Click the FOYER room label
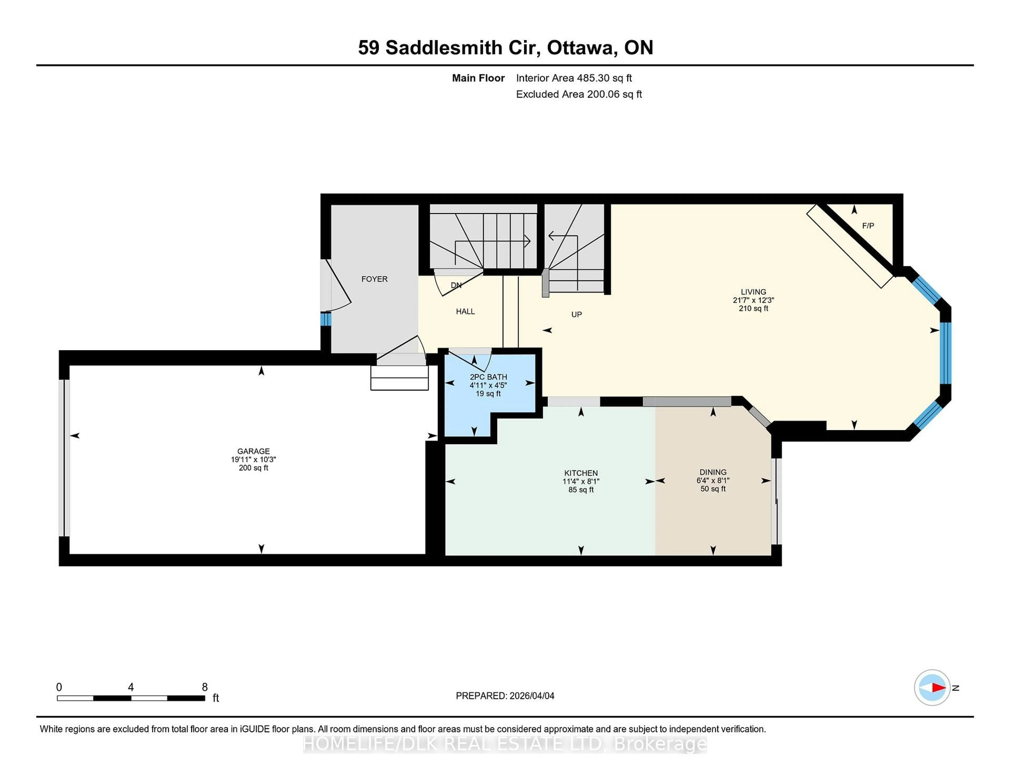click(374, 279)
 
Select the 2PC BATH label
click(488, 377)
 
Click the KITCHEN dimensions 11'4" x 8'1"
click(581, 481)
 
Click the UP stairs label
click(576, 314)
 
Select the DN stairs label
click(456, 285)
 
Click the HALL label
click(465, 311)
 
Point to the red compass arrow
click(938, 687)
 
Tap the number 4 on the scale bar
click(131, 687)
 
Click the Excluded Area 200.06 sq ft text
click(579, 94)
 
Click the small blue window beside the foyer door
click(326, 319)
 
